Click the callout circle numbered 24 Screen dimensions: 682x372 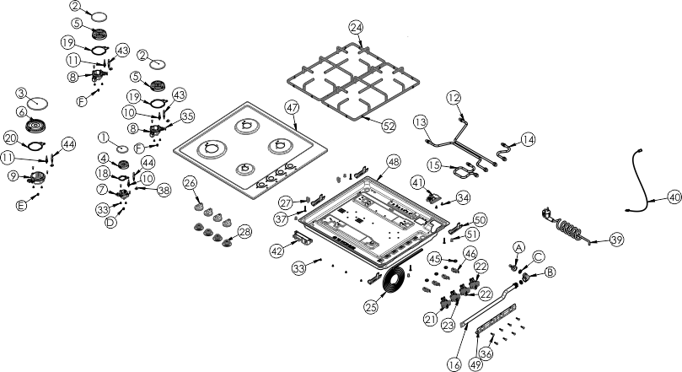(x=356, y=27)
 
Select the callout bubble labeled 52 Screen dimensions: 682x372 (x=389, y=127)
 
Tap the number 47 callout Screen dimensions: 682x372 (x=293, y=107)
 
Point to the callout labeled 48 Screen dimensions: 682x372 (x=393, y=162)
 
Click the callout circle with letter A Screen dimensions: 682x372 (x=518, y=247)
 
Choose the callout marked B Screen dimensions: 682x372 (x=550, y=272)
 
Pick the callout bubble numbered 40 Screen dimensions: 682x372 (x=674, y=198)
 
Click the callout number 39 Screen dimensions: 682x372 (x=617, y=240)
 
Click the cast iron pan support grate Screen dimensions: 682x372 (x=353, y=81)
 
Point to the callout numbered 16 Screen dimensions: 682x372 (x=454, y=364)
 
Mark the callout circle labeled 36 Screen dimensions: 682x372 (x=486, y=353)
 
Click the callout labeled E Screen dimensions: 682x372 (x=21, y=205)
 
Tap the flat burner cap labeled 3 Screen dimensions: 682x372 (x=37, y=104)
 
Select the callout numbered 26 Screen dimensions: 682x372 (x=190, y=183)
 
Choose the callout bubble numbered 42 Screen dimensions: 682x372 (x=277, y=251)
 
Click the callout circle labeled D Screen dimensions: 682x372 (x=111, y=223)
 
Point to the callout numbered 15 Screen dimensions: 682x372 (x=434, y=165)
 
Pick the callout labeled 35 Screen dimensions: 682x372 (x=187, y=116)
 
